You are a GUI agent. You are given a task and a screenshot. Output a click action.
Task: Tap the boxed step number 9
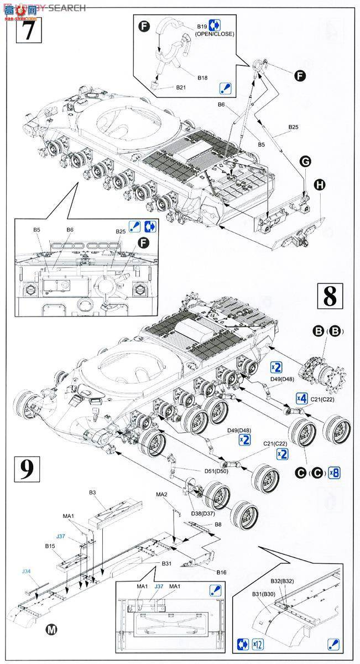pyautogui.click(x=25, y=470)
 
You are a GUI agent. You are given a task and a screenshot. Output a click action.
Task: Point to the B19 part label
pyautogui.click(x=202, y=26)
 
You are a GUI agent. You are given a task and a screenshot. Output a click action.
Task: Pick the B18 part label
pyautogui.click(x=202, y=78)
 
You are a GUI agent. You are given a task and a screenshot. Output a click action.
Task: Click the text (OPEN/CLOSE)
pyautogui.click(x=214, y=34)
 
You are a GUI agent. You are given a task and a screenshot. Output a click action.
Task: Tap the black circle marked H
pyautogui.click(x=319, y=185)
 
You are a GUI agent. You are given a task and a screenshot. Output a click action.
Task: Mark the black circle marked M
pyautogui.click(x=51, y=629)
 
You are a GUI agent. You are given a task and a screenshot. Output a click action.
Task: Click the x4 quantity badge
pyautogui.click(x=301, y=398)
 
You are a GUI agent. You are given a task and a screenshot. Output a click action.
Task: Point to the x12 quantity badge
pyautogui.click(x=257, y=644)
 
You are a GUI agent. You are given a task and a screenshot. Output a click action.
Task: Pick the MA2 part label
pyautogui.click(x=161, y=494)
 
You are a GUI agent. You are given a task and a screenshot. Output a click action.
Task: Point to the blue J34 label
pyautogui.click(x=27, y=572)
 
